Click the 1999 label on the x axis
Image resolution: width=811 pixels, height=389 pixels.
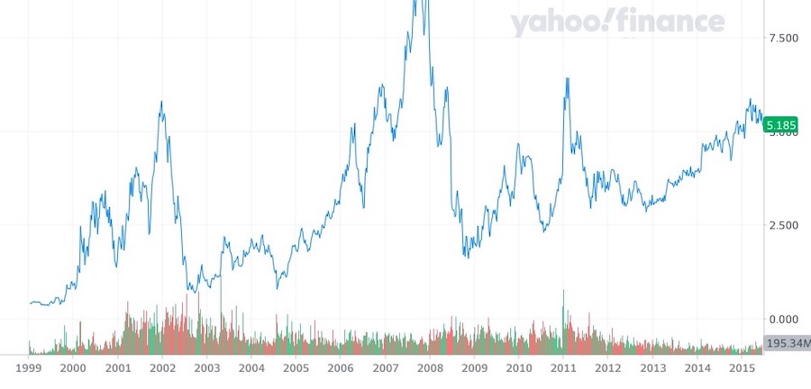(x=29, y=368)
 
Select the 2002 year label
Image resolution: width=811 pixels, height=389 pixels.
(x=162, y=368)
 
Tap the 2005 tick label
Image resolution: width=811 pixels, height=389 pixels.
(x=296, y=368)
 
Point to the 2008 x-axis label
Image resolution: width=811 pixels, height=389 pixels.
(x=430, y=368)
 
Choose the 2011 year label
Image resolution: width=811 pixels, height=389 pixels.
(x=563, y=368)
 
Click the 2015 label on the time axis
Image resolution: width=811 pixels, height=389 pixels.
(x=741, y=368)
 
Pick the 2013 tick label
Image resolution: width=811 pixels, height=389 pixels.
(x=652, y=368)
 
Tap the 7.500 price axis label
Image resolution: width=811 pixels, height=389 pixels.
(x=781, y=38)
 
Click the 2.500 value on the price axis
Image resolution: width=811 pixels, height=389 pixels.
(x=781, y=225)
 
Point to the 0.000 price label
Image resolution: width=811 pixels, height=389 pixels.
(x=781, y=319)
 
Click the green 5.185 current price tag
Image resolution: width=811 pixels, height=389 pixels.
(x=781, y=126)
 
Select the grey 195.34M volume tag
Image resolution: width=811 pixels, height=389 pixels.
(x=787, y=344)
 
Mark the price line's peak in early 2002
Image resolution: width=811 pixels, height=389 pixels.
(x=161, y=102)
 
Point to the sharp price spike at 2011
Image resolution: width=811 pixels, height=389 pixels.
(x=567, y=79)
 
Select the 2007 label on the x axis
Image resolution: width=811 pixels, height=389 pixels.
(x=385, y=368)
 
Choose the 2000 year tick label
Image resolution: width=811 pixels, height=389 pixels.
(x=73, y=368)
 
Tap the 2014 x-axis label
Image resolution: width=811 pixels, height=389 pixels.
(x=697, y=368)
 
